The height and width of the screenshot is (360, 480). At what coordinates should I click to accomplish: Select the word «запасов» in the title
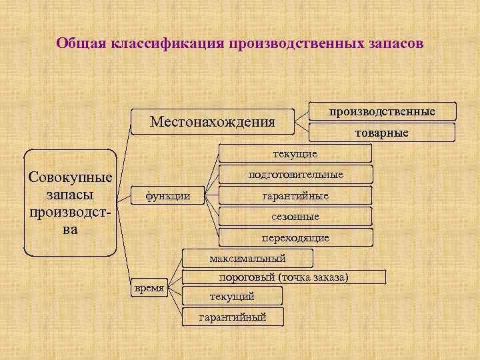393,44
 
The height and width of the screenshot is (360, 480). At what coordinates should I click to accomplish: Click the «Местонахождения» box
212,121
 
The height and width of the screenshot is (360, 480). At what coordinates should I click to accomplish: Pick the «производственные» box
382,111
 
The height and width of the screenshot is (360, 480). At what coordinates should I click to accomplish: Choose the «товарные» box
381,133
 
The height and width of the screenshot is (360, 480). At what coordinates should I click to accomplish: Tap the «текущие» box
295,154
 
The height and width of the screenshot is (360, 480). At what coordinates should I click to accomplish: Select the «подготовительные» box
295,175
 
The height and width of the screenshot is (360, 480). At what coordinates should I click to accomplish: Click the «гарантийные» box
295,196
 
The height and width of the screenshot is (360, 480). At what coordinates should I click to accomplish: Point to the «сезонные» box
295,217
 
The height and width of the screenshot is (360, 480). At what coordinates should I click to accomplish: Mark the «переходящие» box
295,237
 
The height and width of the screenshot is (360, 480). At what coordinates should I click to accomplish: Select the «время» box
149,288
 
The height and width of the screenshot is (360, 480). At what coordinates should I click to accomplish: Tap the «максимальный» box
247,257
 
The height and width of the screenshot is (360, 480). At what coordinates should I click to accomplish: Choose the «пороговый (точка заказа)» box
284,277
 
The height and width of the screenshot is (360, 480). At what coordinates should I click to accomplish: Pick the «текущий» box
231,296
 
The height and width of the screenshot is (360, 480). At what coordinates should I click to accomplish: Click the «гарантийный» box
233,317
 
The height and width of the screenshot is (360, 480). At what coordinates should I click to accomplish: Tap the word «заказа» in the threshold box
327,277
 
